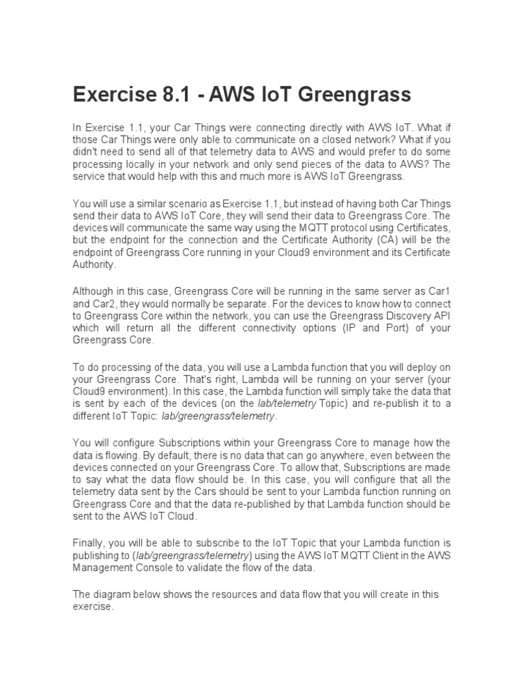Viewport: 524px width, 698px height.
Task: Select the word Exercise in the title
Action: point(111,94)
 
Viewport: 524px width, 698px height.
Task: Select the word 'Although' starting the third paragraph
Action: point(93,291)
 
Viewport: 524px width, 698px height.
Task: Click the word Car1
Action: point(437,291)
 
